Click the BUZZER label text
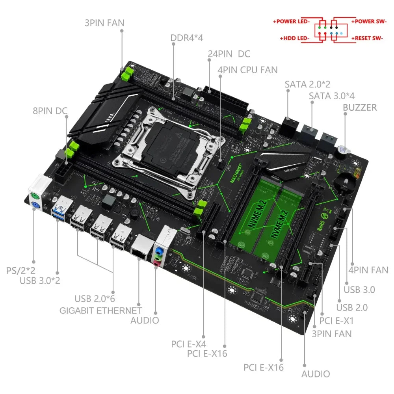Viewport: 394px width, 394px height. pyautogui.click(x=360, y=107)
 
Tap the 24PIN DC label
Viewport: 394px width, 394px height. pyautogui.click(x=229, y=54)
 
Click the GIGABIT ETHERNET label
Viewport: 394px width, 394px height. pyautogui.click(x=100, y=310)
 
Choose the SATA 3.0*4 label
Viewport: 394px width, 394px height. pyautogui.click(x=337, y=95)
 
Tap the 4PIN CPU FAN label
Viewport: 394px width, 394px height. pyautogui.click(x=247, y=70)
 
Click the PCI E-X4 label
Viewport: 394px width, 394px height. pyautogui.click(x=189, y=344)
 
